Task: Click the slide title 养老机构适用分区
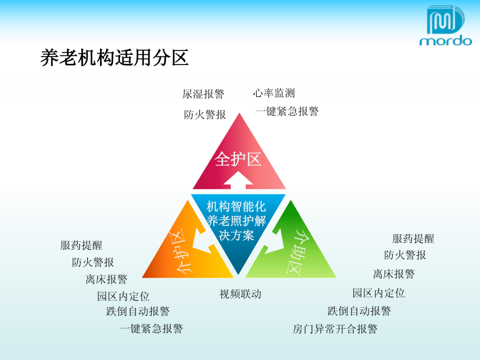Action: [x=115, y=58]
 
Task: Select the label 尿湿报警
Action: [x=203, y=94]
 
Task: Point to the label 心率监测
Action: [x=274, y=93]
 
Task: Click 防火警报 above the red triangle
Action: [x=205, y=115]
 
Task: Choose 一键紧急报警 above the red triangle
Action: [x=287, y=111]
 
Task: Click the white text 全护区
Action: [x=238, y=159]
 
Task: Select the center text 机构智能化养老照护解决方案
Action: [x=236, y=221]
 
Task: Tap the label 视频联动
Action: [x=240, y=294]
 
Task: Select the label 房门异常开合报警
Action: [x=335, y=329]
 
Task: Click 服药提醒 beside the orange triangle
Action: [x=81, y=245]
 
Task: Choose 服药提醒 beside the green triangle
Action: [x=413, y=239]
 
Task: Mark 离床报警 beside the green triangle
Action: [x=394, y=274]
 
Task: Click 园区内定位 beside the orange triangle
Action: [x=124, y=296]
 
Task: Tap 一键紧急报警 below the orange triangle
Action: [x=151, y=329]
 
